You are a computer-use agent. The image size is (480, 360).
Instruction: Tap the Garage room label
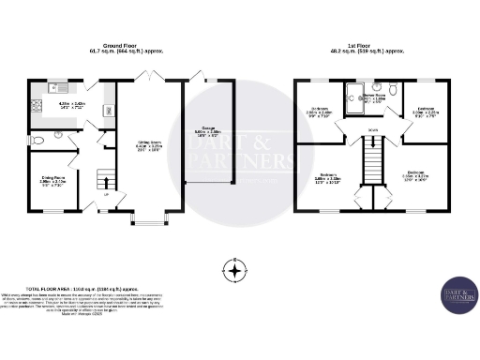coord(207,131)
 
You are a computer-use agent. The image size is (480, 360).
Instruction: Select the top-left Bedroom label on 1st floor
coord(320,112)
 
